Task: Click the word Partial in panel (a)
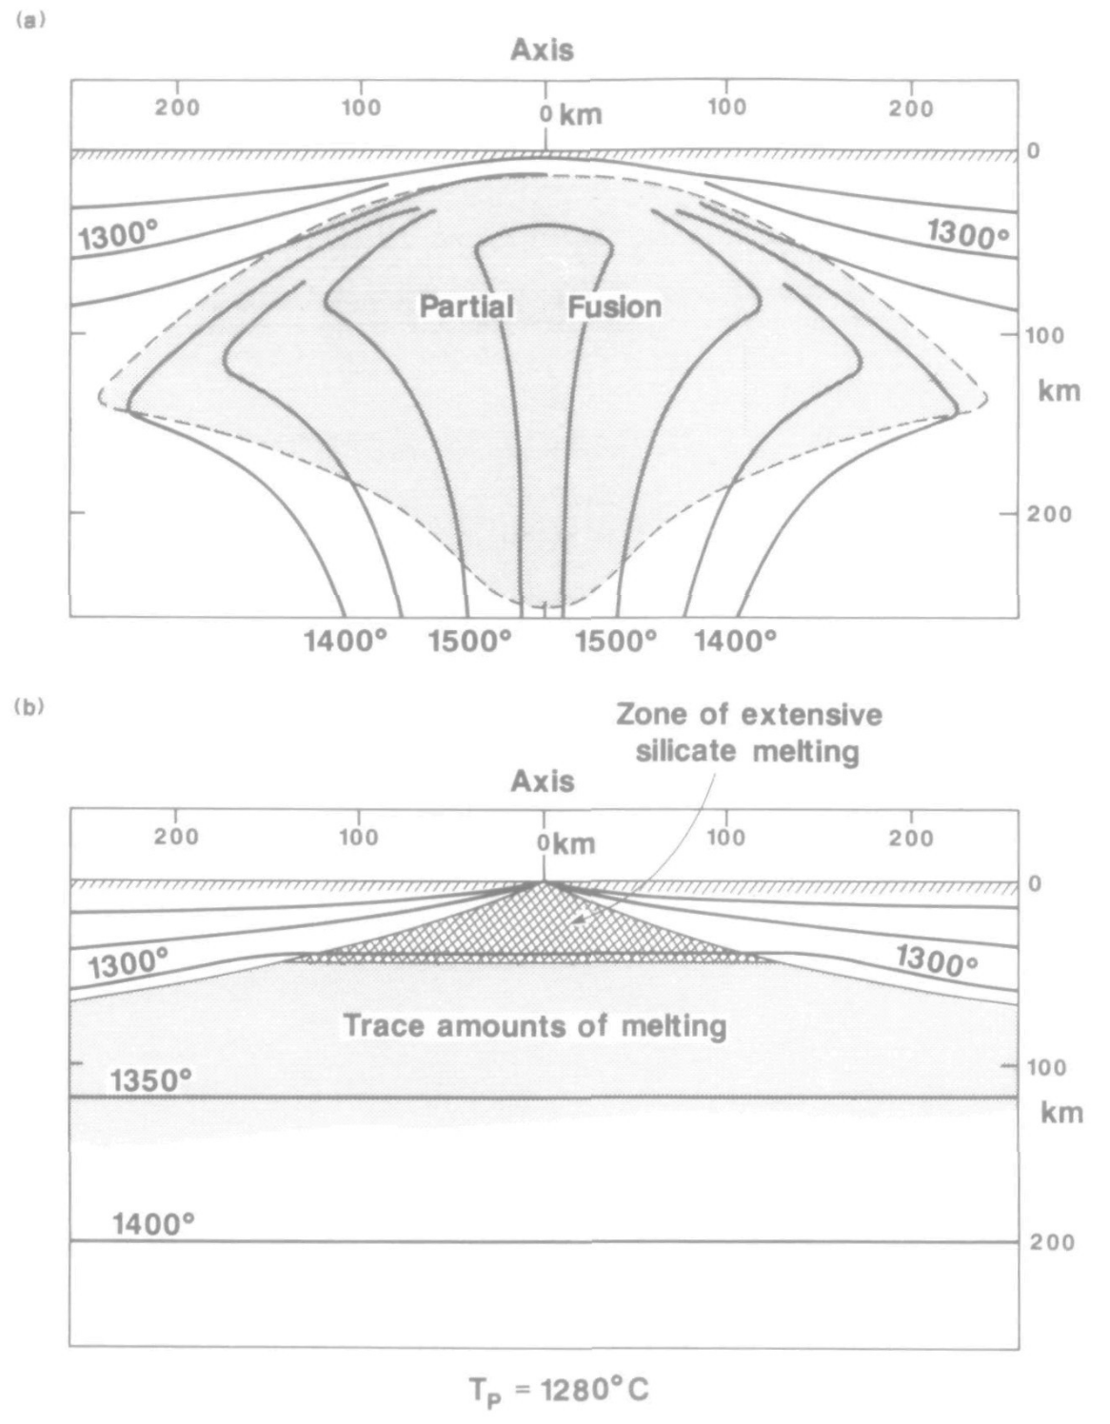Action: coord(466,307)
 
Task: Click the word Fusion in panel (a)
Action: coord(615,307)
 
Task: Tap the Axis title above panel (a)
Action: coord(543,50)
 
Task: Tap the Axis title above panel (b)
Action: coord(543,781)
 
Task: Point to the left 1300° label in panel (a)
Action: coord(118,234)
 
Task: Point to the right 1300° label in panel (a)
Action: coord(968,234)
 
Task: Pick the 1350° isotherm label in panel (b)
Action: coord(150,1080)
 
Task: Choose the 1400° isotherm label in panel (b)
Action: coord(153,1223)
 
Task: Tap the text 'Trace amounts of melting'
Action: coord(535,1026)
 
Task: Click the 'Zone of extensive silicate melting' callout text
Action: coord(748,733)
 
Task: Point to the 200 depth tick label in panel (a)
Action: coord(1049,514)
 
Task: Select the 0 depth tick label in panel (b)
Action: coord(1034,883)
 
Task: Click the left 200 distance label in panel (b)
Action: coord(177,837)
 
